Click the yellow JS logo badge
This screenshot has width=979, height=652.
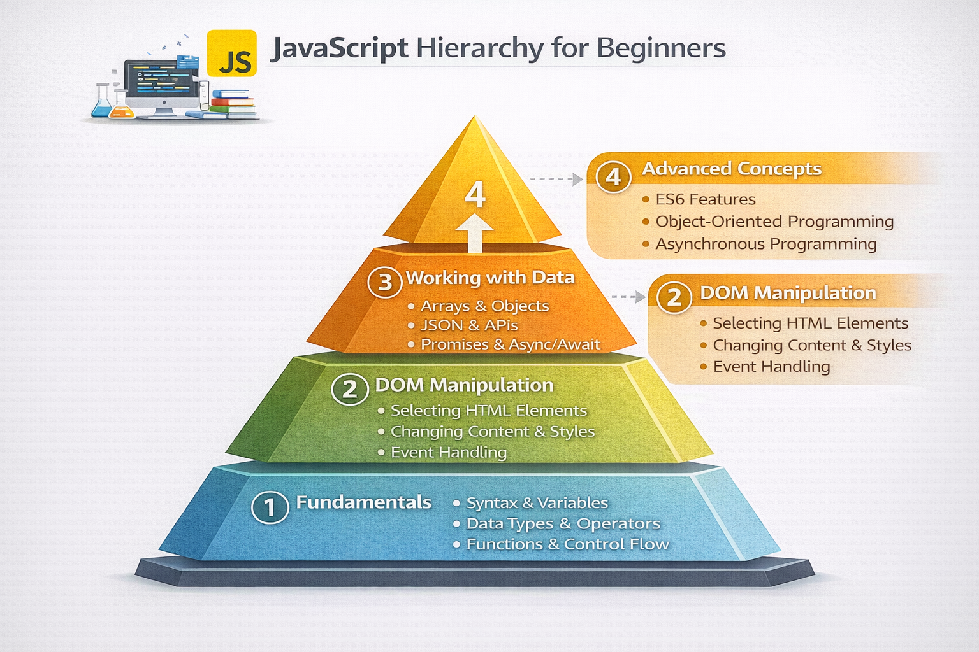232,53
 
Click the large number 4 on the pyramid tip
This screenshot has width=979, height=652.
475,195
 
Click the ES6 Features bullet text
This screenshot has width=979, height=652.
705,199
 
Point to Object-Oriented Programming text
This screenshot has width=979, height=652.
774,222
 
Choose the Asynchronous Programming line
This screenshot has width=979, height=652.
765,244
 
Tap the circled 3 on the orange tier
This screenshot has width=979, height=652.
385,281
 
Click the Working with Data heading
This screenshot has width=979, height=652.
490,278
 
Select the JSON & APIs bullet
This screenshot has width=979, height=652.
469,325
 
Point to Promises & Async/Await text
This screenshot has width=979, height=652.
510,344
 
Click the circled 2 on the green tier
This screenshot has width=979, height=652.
350,388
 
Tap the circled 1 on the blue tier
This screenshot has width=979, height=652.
270,507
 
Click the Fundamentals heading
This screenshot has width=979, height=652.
363,502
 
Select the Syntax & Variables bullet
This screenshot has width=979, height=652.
537,503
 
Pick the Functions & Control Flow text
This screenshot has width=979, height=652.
567,544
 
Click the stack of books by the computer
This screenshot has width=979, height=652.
232,104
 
